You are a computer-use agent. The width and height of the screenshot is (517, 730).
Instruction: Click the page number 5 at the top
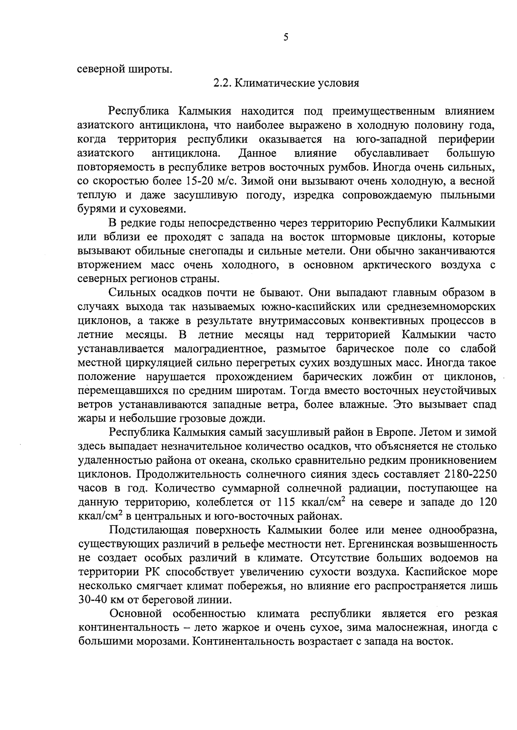286,37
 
